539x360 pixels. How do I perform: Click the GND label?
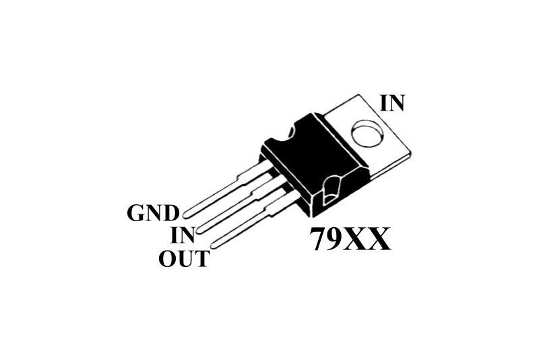tap(153, 214)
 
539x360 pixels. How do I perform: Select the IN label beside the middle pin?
tap(183, 235)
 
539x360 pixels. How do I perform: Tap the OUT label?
tap(184, 258)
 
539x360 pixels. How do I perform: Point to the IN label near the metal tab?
tap(392, 102)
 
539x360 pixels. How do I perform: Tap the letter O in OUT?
tap(167, 258)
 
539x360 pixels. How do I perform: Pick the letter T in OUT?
tap(201, 258)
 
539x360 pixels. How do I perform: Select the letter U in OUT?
tap(185, 258)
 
